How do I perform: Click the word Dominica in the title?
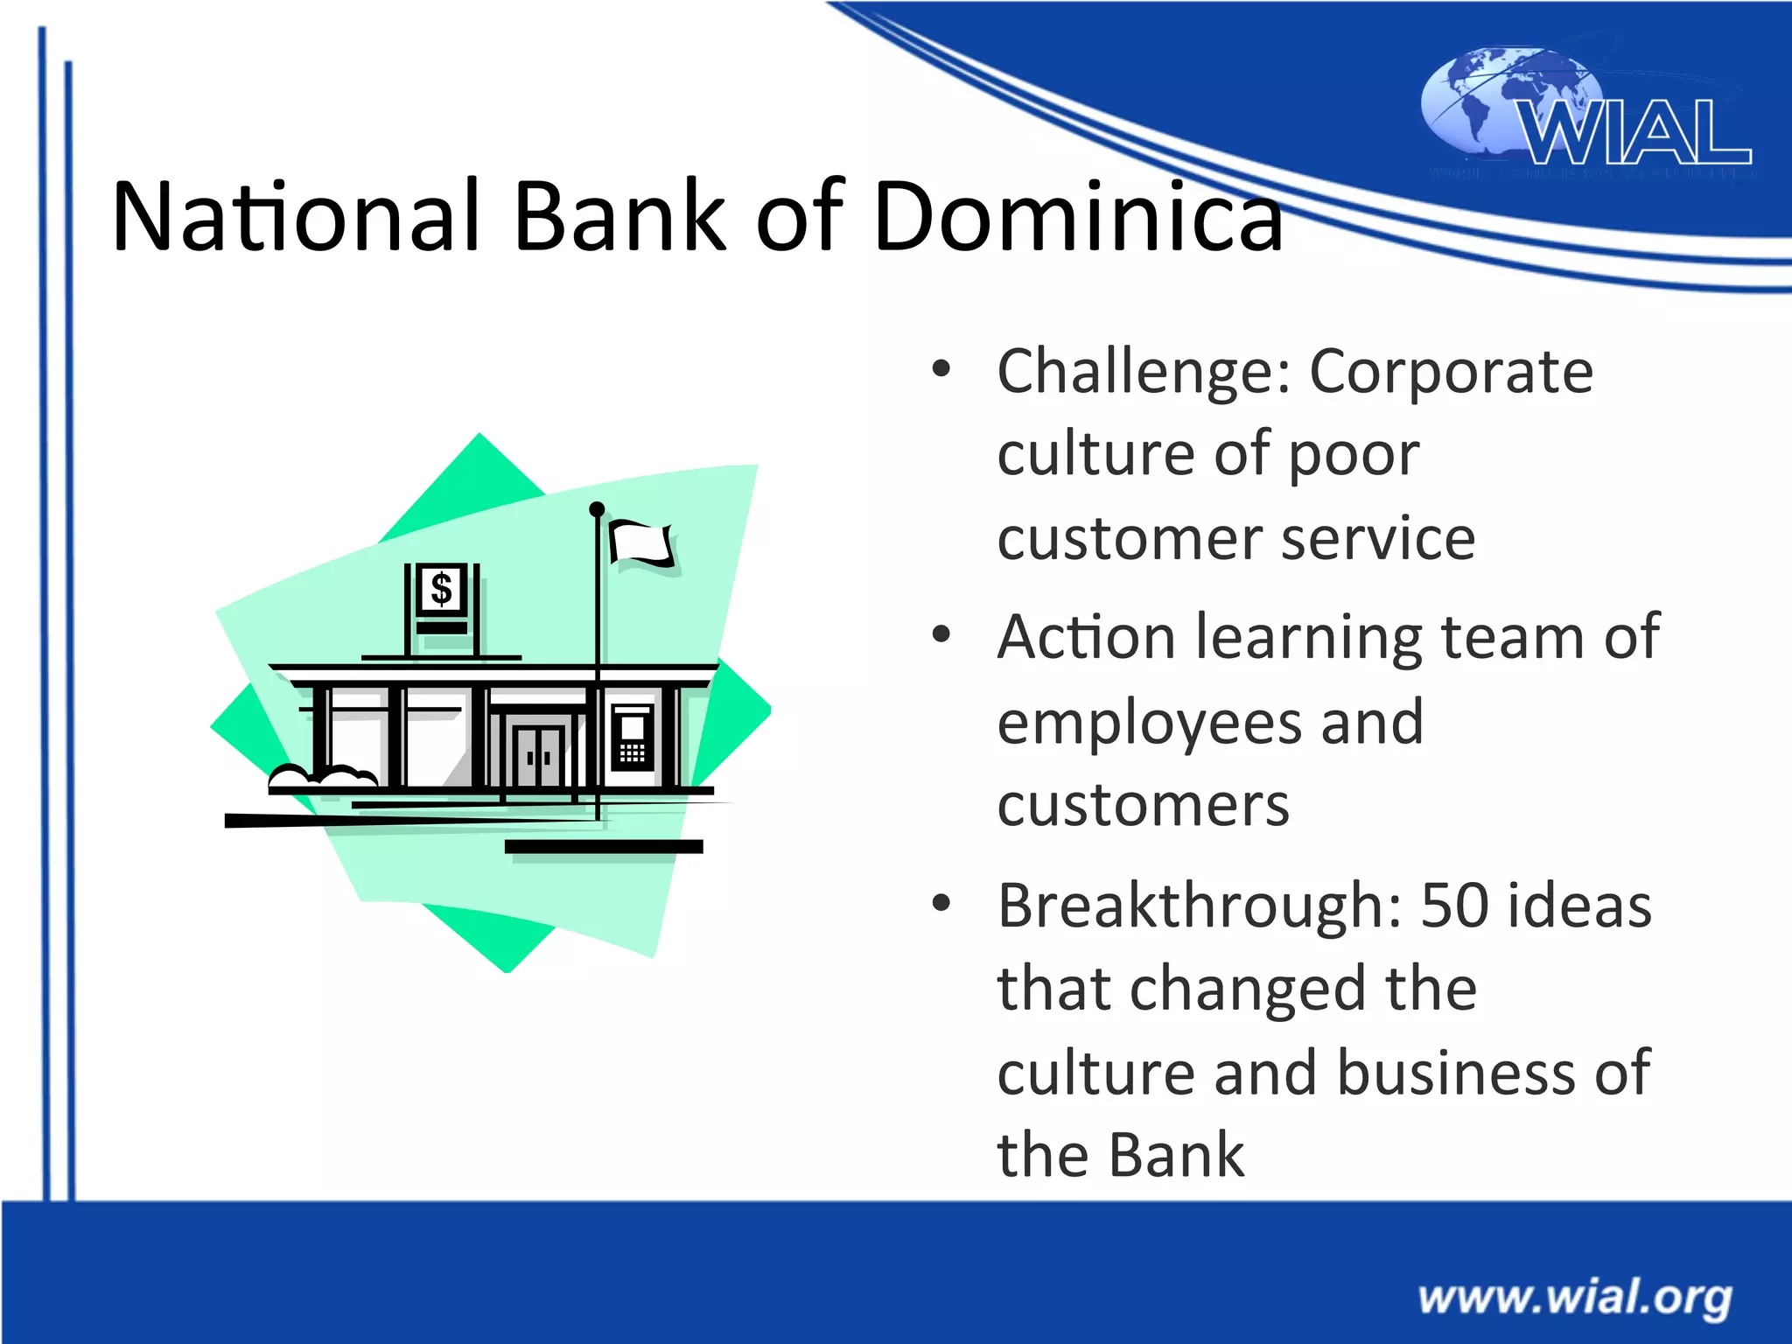(1078, 215)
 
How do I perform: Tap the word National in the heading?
(296, 215)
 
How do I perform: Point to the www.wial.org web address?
(1575, 1296)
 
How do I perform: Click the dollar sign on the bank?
(442, 589)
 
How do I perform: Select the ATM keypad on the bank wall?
(632, 752)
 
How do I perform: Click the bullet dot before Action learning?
(941, 634)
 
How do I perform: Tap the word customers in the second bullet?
(1143, 805)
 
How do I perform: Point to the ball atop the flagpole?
(597, 509)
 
